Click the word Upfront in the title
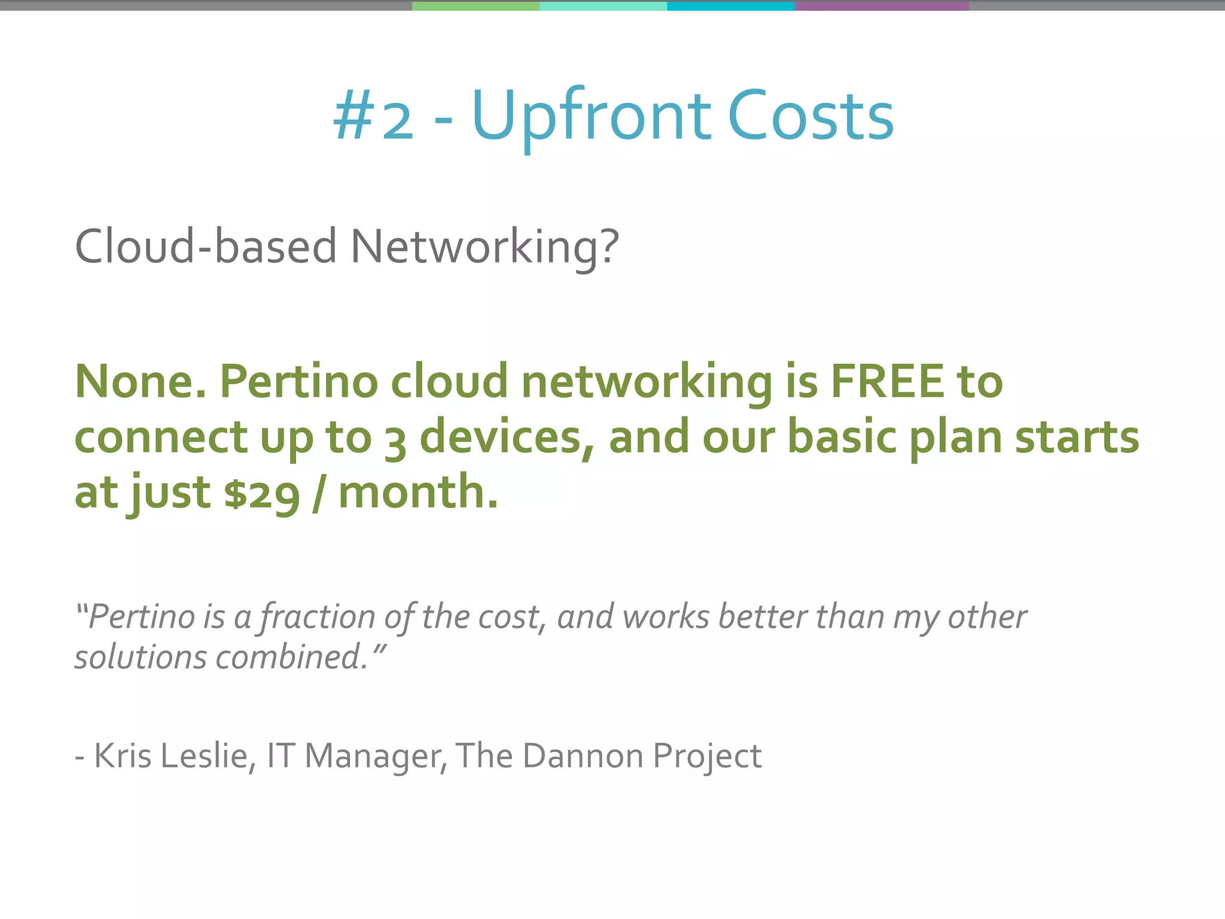click(x=591, y=117)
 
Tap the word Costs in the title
click(x=810, y=117)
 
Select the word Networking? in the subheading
click(x=484, y=247)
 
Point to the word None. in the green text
click(x=140, y=381)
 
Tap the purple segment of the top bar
click(x=882, y=6)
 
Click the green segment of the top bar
click(x=476, y=6)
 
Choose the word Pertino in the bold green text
click(x=299, y=381)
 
